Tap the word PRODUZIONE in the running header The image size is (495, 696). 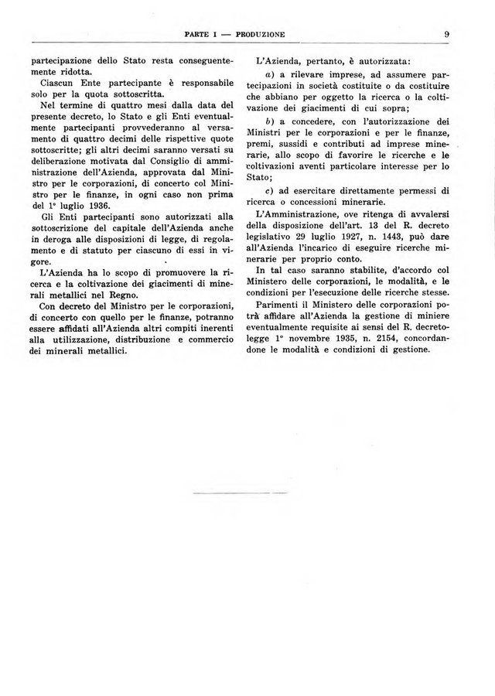coord(260,35)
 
